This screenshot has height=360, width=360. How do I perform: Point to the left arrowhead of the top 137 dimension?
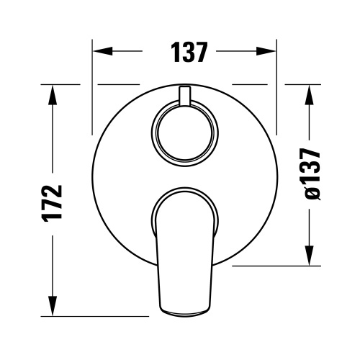(101, 52)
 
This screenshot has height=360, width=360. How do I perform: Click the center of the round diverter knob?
(185, 135)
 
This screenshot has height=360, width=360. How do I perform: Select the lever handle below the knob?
(184, 252)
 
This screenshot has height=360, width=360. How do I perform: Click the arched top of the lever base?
(185, 191)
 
